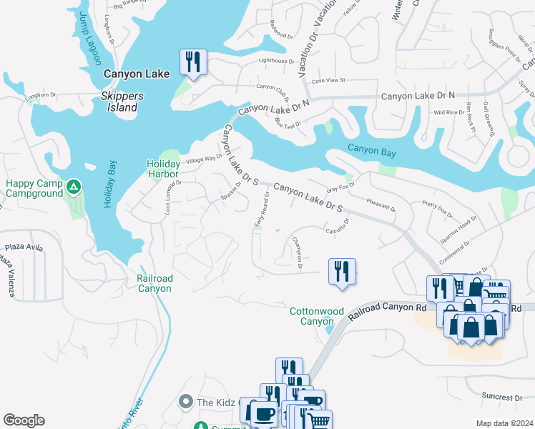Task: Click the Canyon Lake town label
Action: (137, 74)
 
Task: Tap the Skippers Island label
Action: (122, 102)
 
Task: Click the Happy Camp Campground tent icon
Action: (73, 188)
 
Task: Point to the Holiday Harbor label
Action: (163, 168)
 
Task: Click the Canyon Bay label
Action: (371, 149)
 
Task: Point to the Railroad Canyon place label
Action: (154, 283)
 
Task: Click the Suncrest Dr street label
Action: (502, 397)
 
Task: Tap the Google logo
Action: (24, 420)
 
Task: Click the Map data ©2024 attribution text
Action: (504, 423)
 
